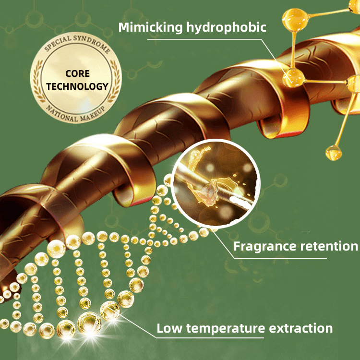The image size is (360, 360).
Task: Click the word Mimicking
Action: click(144, 27)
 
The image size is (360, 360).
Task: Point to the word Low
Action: click(169, 328)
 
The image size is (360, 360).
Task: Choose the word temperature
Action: click(225, 329)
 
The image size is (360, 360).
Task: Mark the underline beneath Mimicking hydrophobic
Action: click(206, 40)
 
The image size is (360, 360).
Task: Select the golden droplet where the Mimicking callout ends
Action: click(291, 77)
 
